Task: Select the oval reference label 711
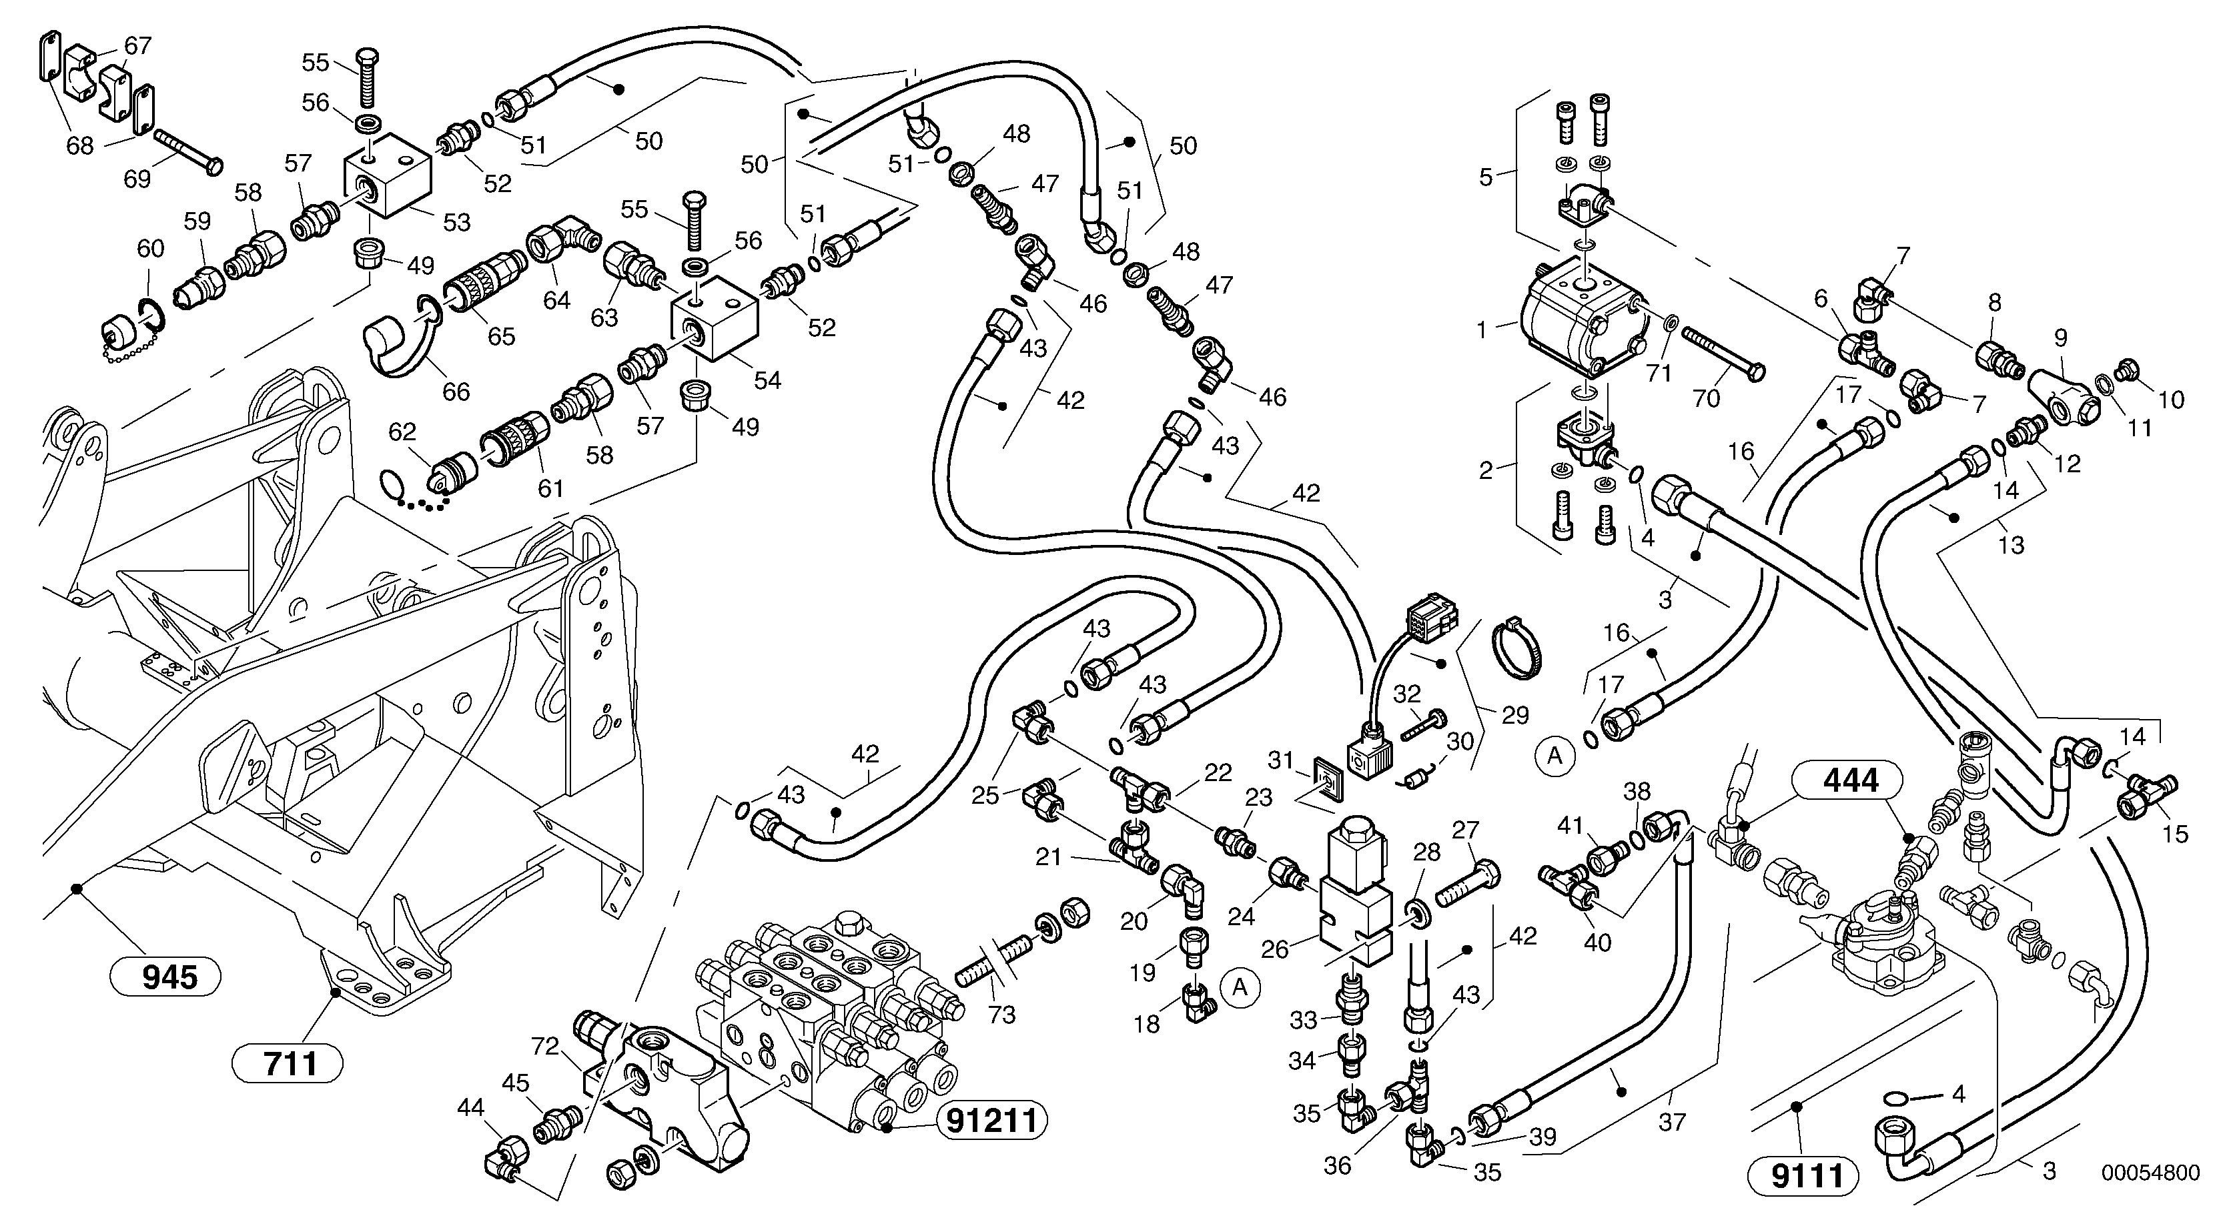coord(288,1063)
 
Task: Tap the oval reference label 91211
coord(991,1121)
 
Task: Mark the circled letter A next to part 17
coord(1554,756)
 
